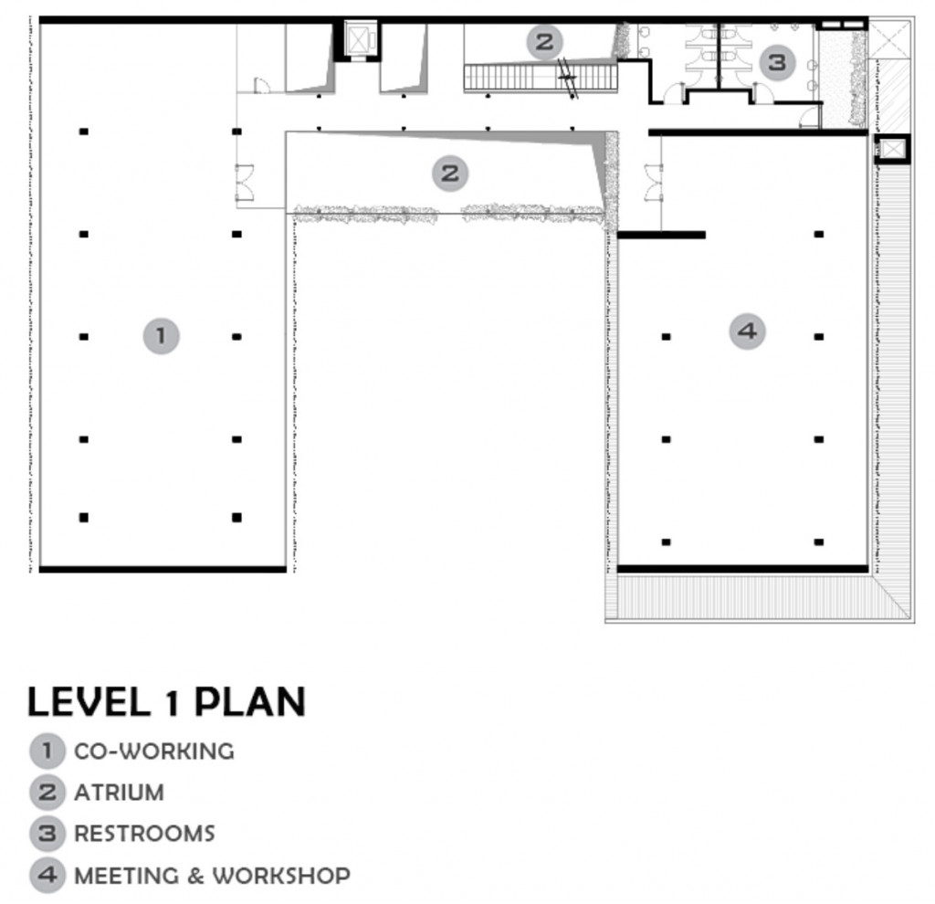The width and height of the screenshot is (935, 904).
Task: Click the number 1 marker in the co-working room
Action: pyautogui.click(x=161, y=336)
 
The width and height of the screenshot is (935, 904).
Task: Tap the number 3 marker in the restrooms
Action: pyautogui.click(x=777, y=62)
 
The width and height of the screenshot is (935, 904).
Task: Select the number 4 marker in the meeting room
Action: pyautogui.click(x=747, y=331)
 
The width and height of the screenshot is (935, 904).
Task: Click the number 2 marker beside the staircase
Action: pyautogui.click(x=544, y=42)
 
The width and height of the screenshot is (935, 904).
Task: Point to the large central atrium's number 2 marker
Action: pyautogui.click(x=450, y=173)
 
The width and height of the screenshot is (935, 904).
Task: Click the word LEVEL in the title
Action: pyautogui.click(x=89, y=701)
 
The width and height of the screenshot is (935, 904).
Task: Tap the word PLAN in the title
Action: pyautogui.click(x=250, y=701)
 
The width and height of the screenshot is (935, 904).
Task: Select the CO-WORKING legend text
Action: pyautogui.click(x=153, y=752)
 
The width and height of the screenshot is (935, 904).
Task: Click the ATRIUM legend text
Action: pyautogui.click(x=119, y=793)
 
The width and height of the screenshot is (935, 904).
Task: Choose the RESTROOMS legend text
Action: pyautogui.click(x=144, y=834)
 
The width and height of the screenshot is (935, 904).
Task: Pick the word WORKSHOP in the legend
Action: pyautogui.click(x=281, y=876)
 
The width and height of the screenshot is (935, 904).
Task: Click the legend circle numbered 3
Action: pyautogui.click(x=47, y=834)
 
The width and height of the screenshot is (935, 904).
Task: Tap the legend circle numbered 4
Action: pyautogui.click(x=47, y=876)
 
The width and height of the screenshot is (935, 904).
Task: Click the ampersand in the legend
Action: pyautogui.click(x=196, y=876)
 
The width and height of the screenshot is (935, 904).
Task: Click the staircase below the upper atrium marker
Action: pyautogui.click(x=541, y=79)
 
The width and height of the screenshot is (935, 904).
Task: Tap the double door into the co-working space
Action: pyautogui.click(x=245, y=182)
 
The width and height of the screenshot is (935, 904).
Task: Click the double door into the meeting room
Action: pyautogui.click(x=654, y=182)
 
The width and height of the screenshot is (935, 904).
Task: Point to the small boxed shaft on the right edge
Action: pyautogui.click(x=891, y=149)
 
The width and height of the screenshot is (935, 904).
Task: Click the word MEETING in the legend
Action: pyautogui.click(x=126, y=876)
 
